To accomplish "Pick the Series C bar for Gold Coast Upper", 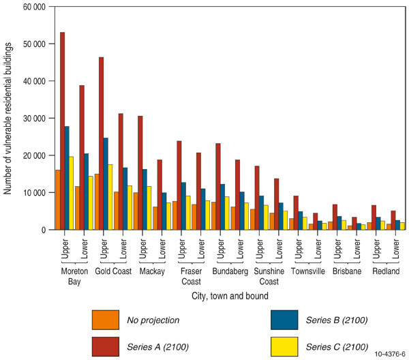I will click(109, 197).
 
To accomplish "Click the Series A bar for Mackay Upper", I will click(140, 173).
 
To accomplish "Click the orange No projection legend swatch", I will click(108, 318).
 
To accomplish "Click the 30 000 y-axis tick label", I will click(32, 119).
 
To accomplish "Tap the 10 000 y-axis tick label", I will click(32, 193).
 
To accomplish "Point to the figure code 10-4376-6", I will click(385, 354).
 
